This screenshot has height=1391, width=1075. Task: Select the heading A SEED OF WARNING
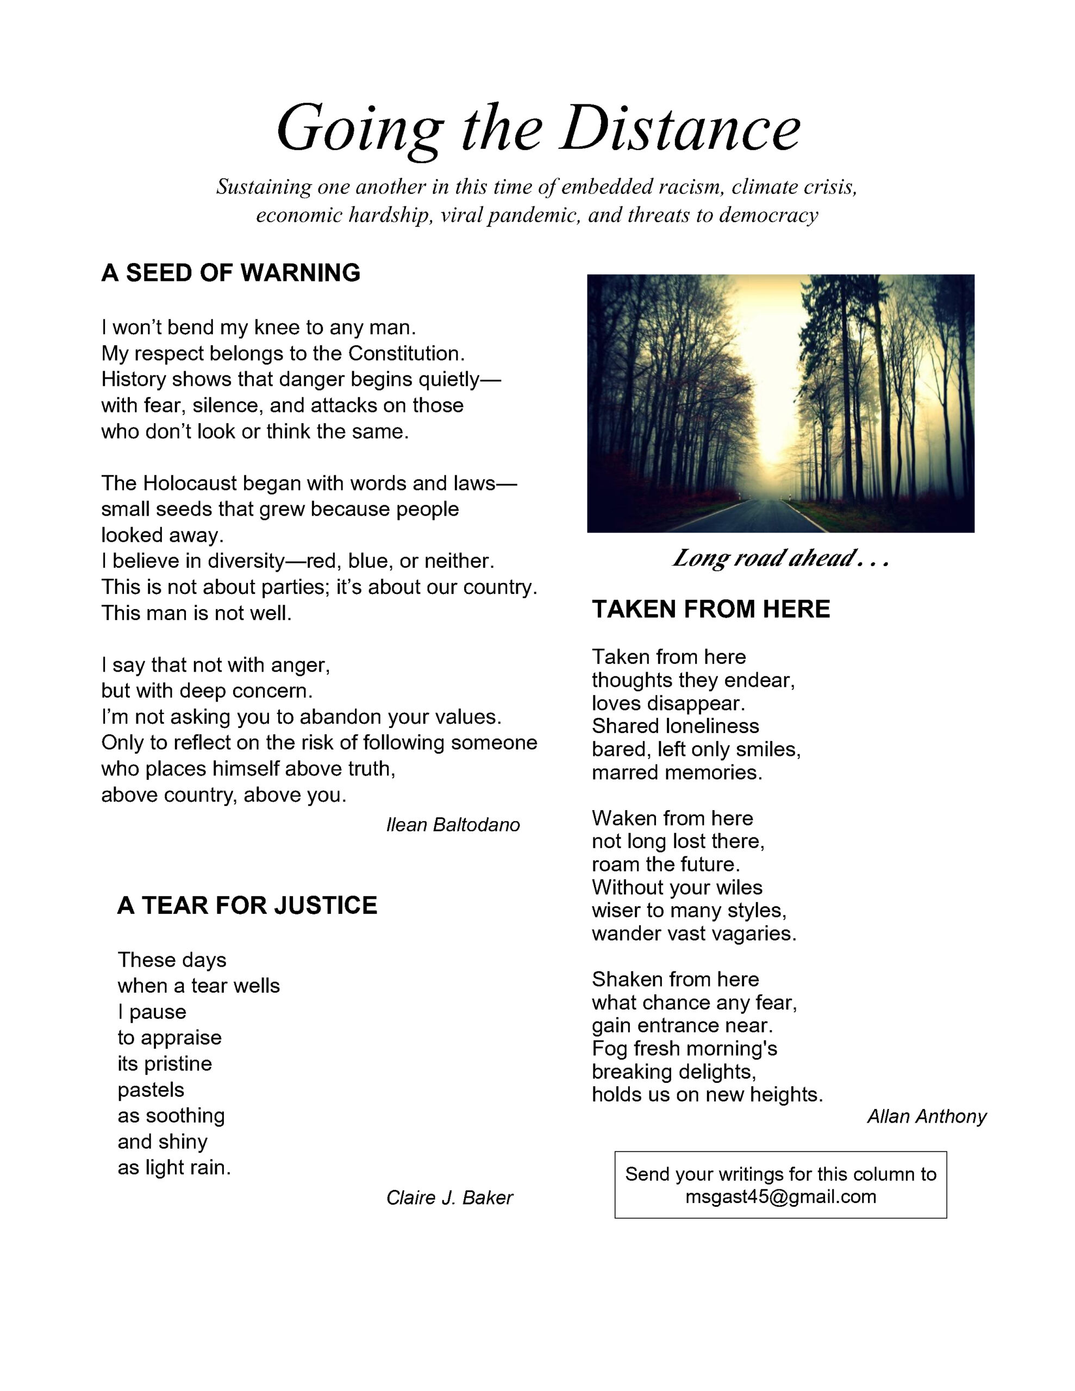(230, 273)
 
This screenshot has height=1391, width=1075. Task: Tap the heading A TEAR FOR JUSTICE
(247, 905)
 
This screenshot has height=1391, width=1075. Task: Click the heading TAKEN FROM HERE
(710, 609)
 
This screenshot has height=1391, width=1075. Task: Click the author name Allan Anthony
(926, 1117)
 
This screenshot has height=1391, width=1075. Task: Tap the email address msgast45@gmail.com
(780, 1196)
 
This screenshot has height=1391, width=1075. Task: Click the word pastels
(151, 1090)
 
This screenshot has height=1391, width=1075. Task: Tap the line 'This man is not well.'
(196, 613)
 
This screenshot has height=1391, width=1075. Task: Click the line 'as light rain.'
(174, 1168)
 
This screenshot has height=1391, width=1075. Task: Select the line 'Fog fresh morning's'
(684, 1048)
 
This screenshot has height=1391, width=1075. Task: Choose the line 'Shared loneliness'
(675, 726)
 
